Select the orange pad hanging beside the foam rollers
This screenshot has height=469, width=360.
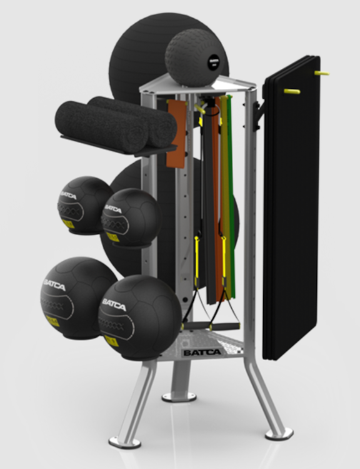pos(176,134)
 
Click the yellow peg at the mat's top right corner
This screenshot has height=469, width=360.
pos(322,73)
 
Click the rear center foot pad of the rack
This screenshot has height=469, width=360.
pos(178,396)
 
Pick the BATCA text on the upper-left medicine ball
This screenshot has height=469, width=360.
pos(68,196)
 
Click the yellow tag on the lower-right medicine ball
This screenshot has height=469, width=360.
pos(111,341)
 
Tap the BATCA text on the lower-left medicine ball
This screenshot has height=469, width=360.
pos(54,285)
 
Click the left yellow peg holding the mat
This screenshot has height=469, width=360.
pos(292,91)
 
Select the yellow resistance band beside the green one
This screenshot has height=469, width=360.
pos(226,200)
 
